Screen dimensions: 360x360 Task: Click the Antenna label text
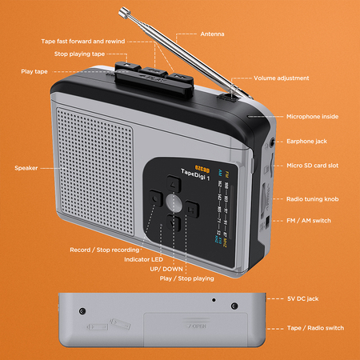(x=213, y=34)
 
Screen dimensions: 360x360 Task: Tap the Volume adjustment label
(x=281, y=78)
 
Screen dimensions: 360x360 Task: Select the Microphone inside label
(x=312, y=117)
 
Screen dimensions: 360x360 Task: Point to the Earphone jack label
(x=306, y=142)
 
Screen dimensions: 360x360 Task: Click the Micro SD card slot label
(x=312, y=166)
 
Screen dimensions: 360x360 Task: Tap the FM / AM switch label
(x=308, y=220)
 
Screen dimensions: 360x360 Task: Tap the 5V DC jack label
(x=302, y=298)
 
